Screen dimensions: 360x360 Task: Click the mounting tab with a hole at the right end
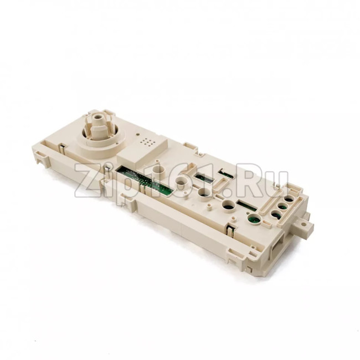click(305, 224)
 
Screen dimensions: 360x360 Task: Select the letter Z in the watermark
click(88, 181)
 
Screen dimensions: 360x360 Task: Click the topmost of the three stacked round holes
click(289, 199)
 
